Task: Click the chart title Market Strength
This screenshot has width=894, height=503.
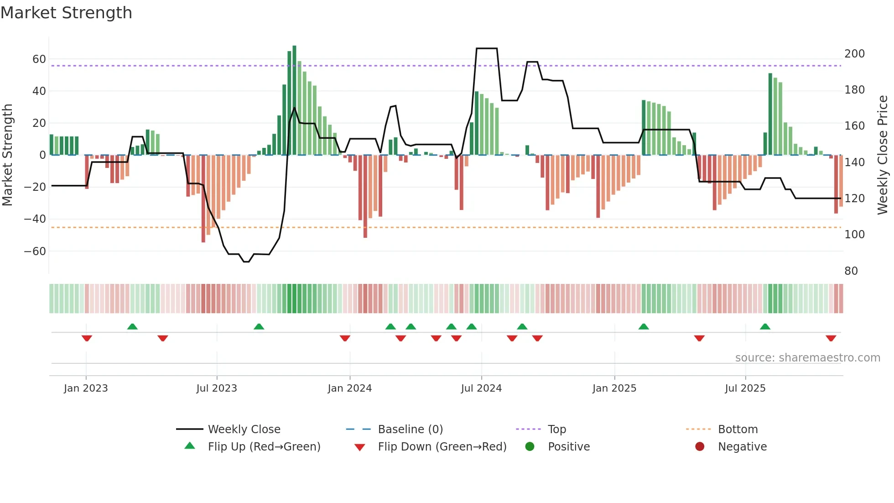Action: coord(66,13)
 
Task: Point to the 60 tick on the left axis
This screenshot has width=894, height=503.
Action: coord(39,59)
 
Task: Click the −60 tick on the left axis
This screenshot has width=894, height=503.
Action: coord(35,251)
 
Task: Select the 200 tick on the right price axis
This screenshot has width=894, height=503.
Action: coord(854,54)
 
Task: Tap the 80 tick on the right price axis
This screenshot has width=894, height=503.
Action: coord(851,271)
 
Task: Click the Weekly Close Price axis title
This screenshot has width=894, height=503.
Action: coord(883,155)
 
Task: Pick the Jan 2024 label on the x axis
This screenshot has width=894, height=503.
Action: coord(349,388)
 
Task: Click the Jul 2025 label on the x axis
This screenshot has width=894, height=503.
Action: coord(745,388)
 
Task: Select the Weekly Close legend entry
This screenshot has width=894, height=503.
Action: coord(244,430)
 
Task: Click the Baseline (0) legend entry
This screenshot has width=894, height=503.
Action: coord(410,430)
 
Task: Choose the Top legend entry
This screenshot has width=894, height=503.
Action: coord(556,430)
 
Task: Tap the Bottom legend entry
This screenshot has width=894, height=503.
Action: coord(738,430)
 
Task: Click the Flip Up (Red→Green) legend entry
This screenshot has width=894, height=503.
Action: coord(264,447)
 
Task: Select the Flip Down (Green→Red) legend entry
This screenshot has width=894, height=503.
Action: coord(442,447)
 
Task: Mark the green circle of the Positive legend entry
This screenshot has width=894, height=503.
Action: coord(530,446)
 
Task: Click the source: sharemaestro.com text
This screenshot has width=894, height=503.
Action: coord(807,358)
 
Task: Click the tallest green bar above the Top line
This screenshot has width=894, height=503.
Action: coord(294,100)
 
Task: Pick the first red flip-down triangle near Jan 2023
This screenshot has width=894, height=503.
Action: coord(87,338)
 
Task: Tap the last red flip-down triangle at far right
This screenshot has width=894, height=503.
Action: coord(831,338)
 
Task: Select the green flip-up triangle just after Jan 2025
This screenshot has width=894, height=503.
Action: coord(644,326)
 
